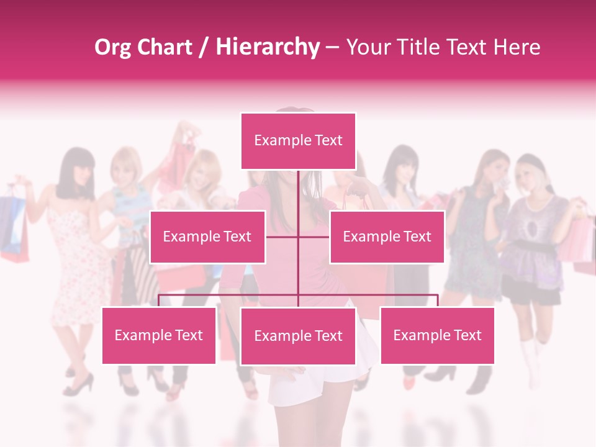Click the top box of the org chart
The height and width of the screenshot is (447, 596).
(298, 141)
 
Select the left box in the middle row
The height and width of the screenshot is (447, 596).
(207, 237)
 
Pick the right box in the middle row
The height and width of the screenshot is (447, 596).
(387, 237)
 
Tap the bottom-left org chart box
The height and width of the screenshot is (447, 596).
(159, 335)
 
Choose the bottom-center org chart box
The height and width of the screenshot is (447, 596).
(298, 336)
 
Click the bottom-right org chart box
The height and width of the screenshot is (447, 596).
(437, 335)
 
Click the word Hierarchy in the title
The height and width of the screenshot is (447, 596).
(267, 47)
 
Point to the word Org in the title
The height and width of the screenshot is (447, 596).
(112, 47)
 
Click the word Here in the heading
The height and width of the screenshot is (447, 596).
(517, 47)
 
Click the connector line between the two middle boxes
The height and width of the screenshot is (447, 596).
(298, 237)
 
